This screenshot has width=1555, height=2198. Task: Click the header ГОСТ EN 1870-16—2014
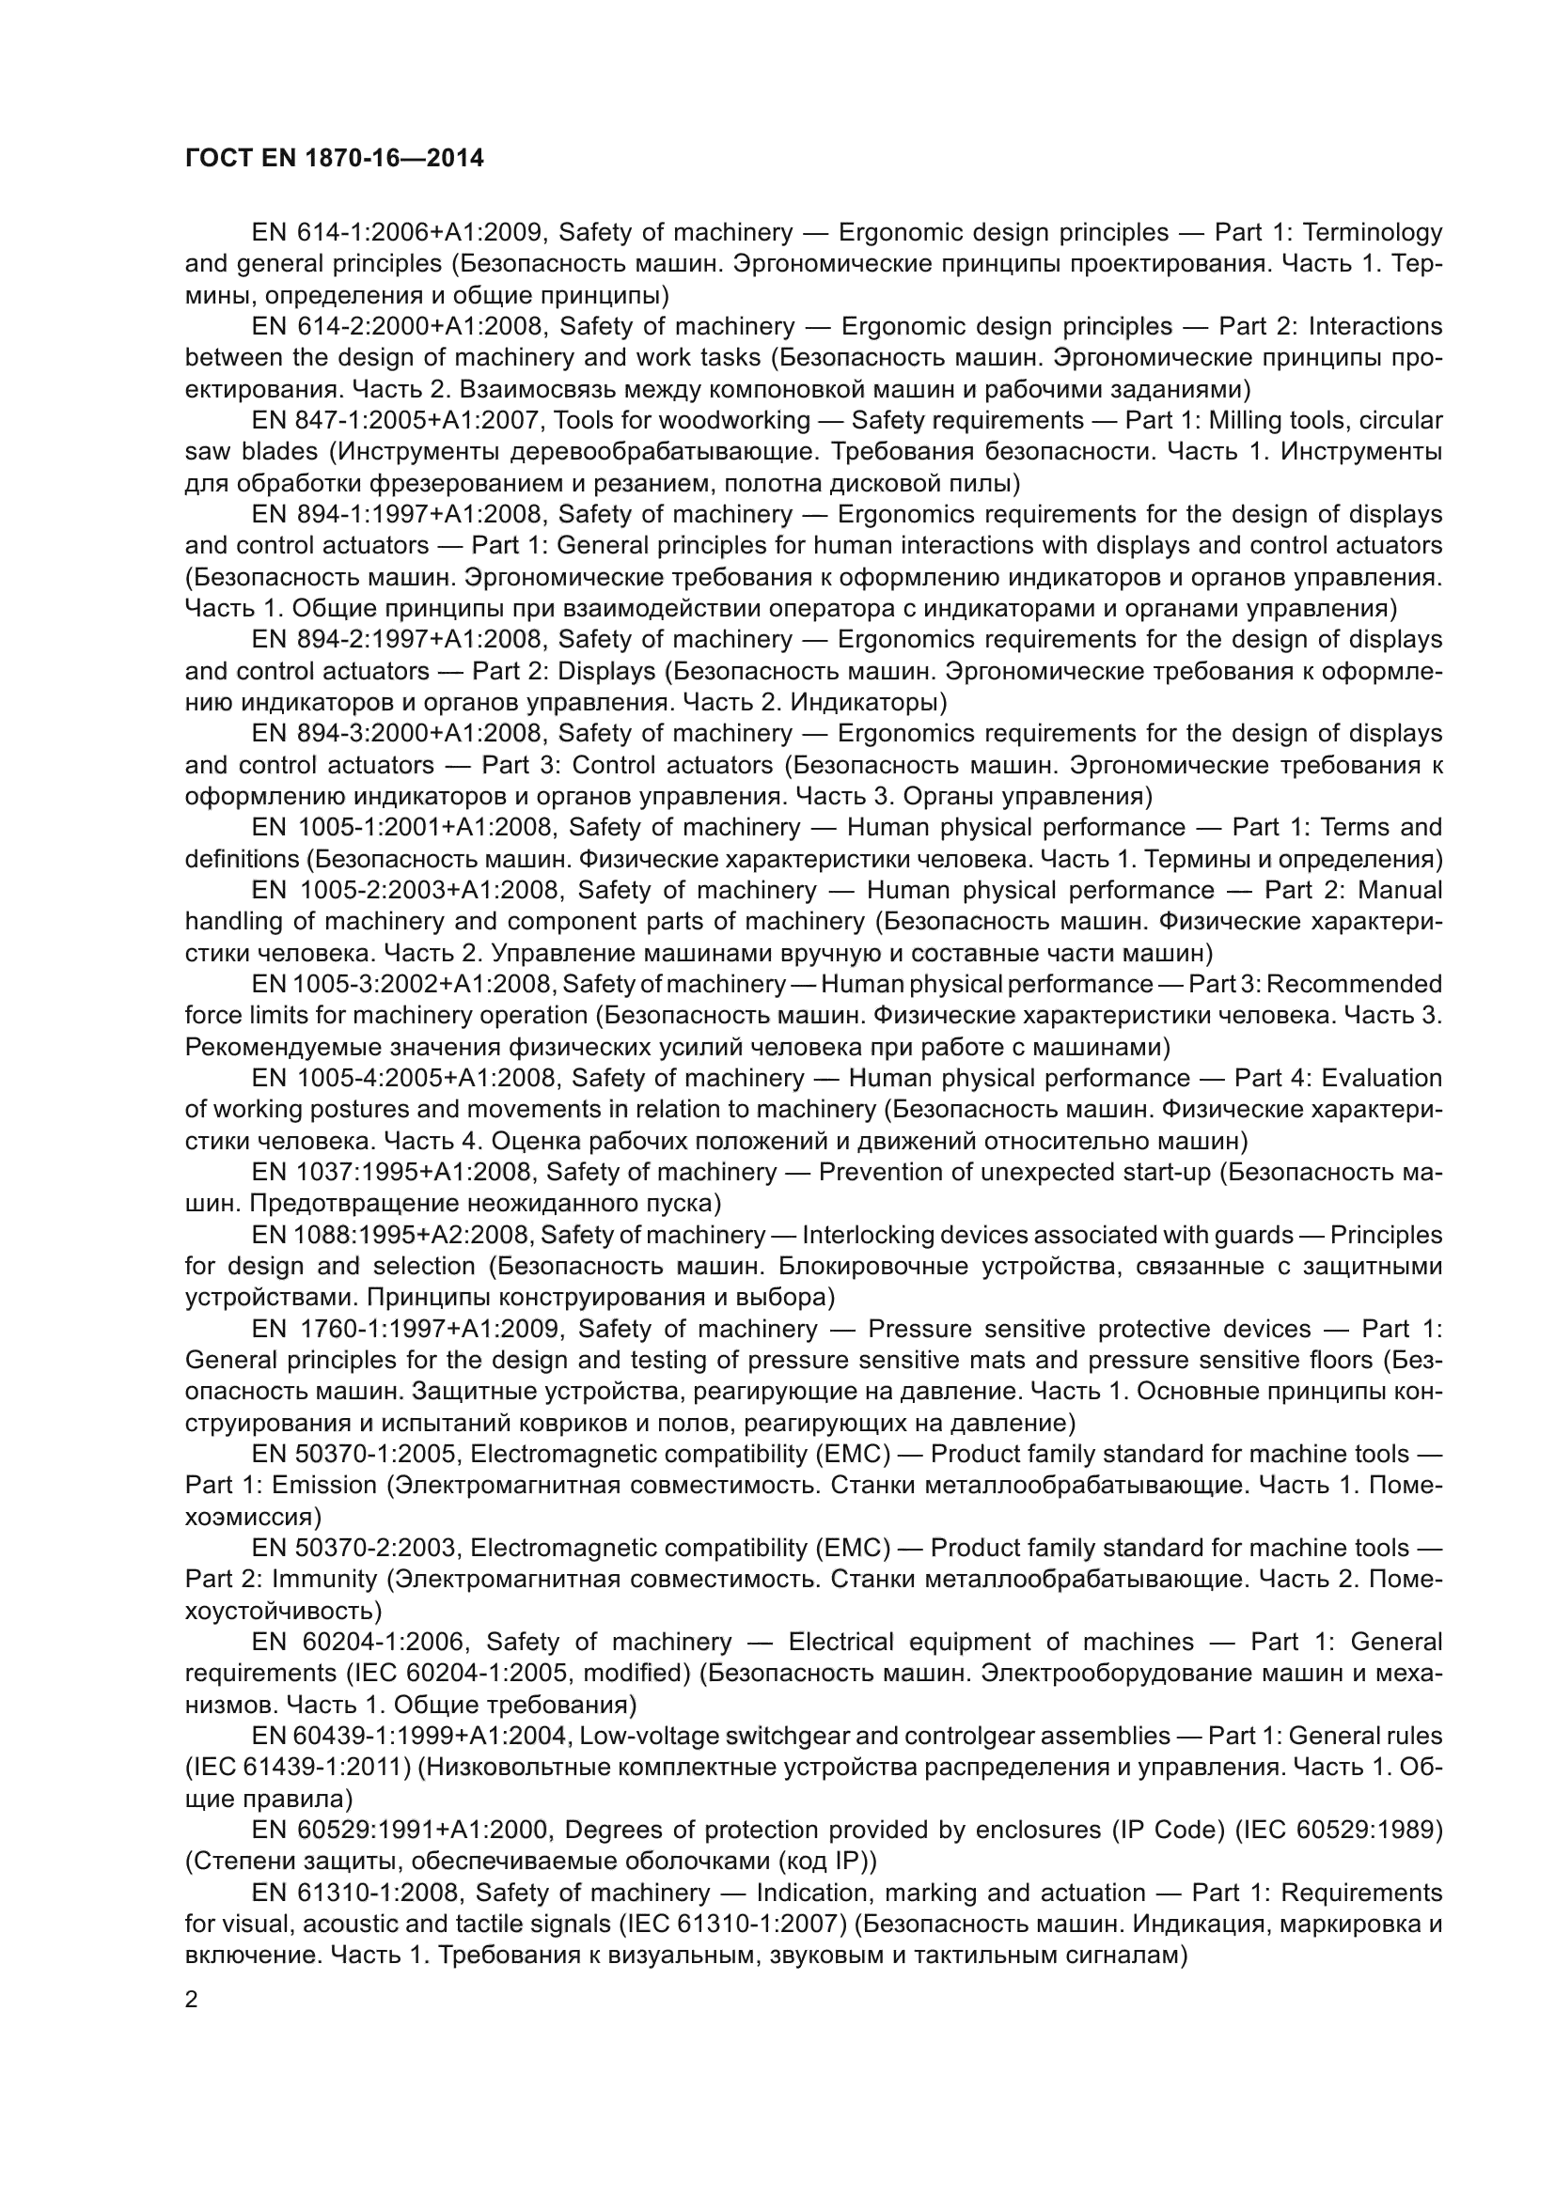(334, 158)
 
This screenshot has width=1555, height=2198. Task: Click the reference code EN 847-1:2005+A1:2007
(398, 420)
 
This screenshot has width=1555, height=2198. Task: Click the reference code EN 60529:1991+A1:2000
(401, 1830)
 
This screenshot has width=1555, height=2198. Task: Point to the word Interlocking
(863, 1235)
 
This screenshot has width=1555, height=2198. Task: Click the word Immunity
(324, 1580)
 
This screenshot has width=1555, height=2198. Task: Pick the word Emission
(324, 1486)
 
